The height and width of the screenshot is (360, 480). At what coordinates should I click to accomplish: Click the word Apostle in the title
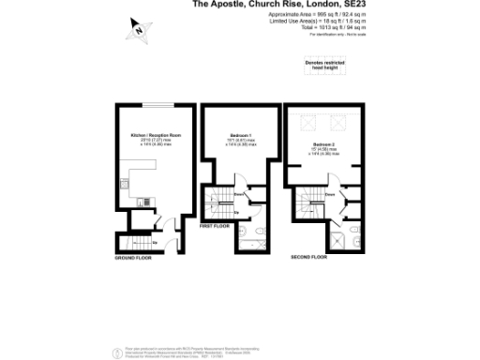[x=241, y=5]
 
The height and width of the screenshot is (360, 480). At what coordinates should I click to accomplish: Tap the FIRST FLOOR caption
[x=215, y=226]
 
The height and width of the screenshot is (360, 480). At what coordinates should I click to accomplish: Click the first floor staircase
[x=221, y=202]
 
